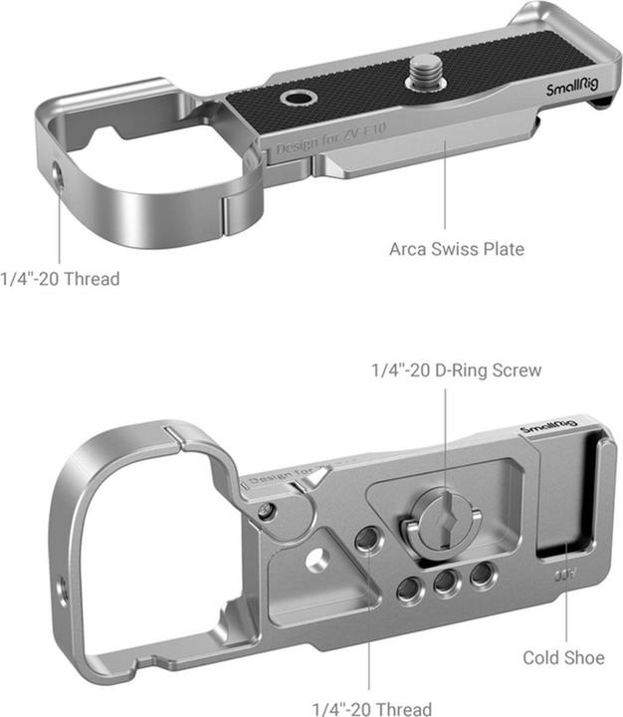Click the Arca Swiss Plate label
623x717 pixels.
click(x=456, y=248)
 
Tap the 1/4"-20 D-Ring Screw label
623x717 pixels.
click(x=456, y=370)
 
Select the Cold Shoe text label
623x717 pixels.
click(x=563, y=657)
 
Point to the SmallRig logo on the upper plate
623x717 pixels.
click(x=572, y=90)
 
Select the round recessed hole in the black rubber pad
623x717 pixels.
click(x=296, y=100)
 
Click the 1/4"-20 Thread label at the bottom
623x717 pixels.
click(x=372, y=708)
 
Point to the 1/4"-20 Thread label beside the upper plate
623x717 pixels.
click(x=60, y=279)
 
